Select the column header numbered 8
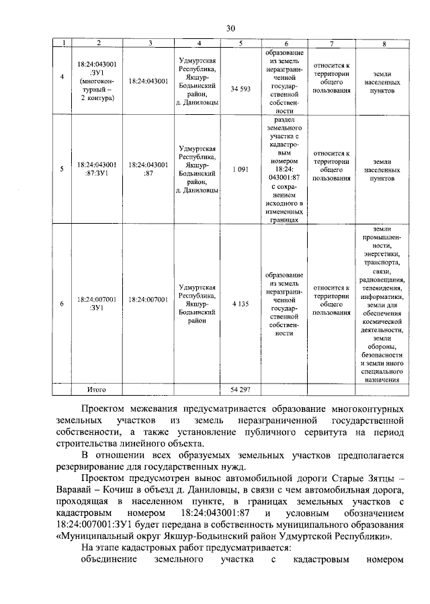pyautogui.click(x=383, y=44)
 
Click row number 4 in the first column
pyautogui.click(x=62, y=77)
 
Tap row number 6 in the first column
pyautogui.click(x=62, y=304)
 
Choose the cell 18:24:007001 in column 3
pyautogui.click(x=148, y=299)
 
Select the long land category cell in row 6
pyautogui.click(x=383, y=304)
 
